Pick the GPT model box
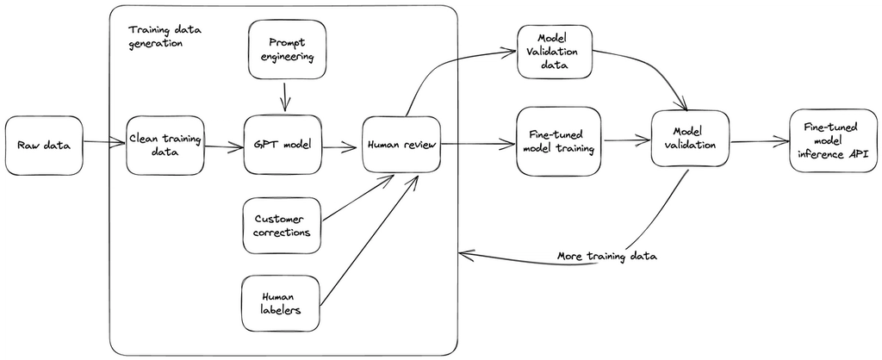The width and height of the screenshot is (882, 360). point(283,145)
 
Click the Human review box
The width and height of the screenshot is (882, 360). point(401,145)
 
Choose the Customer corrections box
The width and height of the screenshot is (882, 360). point(281,225)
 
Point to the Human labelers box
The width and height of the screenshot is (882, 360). point(281,303)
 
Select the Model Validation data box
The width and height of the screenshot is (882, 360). point(556,53)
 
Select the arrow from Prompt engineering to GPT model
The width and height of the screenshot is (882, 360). point(283,95)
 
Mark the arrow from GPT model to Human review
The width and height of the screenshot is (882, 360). point(339,146)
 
